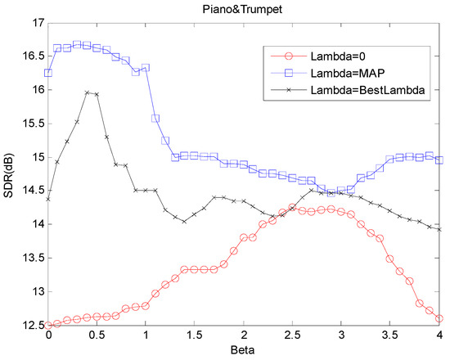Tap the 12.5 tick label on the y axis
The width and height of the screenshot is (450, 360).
click(x=33, y=326)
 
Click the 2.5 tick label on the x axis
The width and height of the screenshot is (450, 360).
click(x=293, y=335)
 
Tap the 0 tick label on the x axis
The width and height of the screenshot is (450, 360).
click(x=48, y=335)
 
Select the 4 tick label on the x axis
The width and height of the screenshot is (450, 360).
click(x=439, y=335)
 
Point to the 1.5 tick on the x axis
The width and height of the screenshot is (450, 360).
click(x=195, y=335)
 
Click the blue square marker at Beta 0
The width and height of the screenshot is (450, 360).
click(x=48, y=73)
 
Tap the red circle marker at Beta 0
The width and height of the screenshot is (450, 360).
click(x=48, y=325)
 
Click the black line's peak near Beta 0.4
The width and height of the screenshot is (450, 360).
click(x=88, y=92)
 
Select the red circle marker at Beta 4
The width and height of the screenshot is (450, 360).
click(x=439, y=318)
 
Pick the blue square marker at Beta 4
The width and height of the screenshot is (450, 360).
click(x=439, y=160)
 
